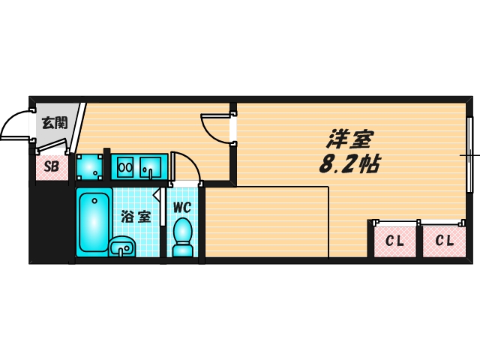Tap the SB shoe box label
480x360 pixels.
51,166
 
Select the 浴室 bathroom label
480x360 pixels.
136,217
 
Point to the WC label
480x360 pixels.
183,207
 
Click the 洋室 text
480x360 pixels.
349,140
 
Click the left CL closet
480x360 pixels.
395,241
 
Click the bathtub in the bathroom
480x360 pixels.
94,221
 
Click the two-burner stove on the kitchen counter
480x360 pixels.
125,166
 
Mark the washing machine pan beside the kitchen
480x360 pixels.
90,166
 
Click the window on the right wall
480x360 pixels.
470,155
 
